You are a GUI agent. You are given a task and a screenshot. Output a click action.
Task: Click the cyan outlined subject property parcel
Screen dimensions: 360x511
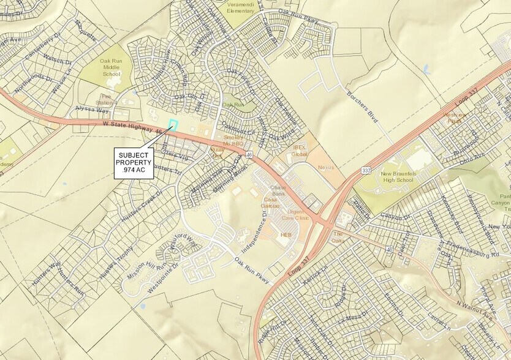coord(173,125)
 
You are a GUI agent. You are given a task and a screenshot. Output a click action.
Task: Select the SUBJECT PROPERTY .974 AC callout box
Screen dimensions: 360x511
coord(132,163)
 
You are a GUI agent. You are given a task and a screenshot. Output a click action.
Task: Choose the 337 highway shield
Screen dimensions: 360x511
coord(366,170)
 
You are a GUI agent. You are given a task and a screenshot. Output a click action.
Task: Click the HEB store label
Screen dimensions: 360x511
coord(286,235)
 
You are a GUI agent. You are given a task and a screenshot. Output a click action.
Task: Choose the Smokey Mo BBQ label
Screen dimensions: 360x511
coord(234,141)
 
